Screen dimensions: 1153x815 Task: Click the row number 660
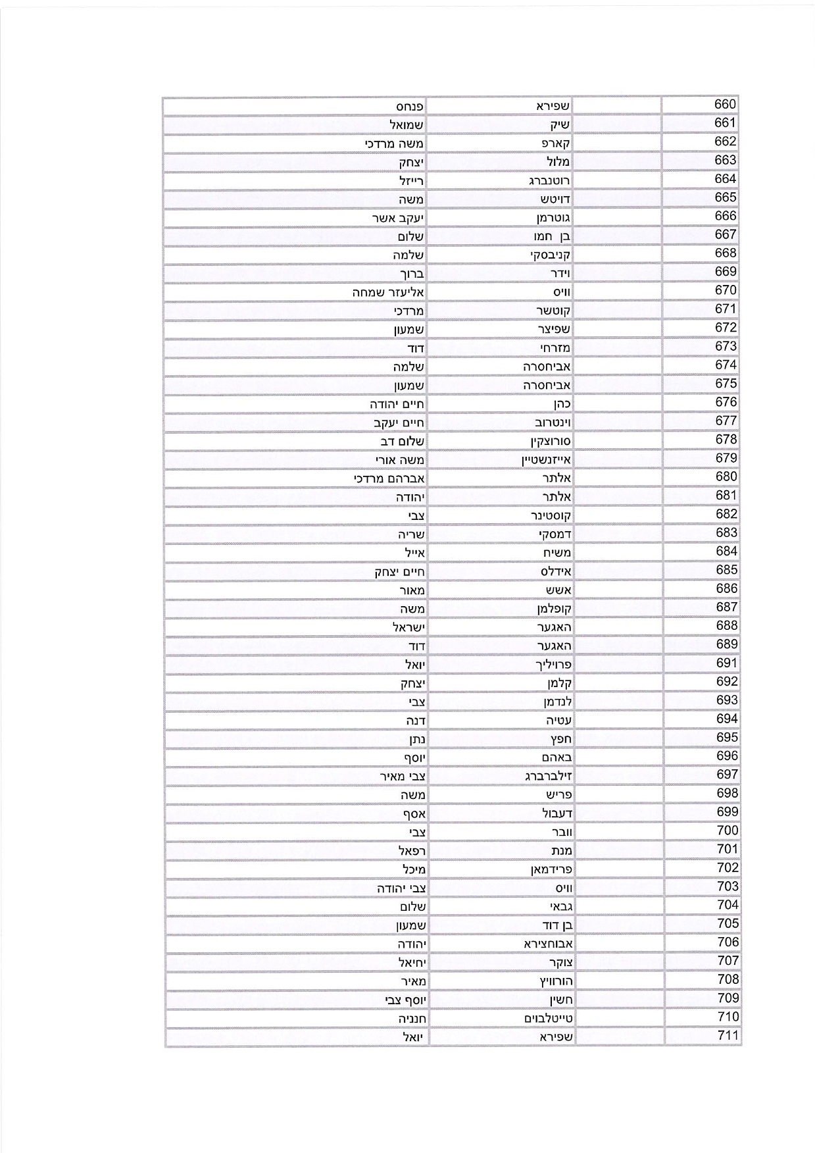725,105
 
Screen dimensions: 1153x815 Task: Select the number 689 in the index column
726,644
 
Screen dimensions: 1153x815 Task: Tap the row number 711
728,1036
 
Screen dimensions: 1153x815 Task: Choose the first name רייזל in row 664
411,180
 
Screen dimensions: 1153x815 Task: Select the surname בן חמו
552,236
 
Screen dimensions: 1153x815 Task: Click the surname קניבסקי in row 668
551,255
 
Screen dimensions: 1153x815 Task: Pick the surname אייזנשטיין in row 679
546,460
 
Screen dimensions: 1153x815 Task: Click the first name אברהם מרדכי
389,478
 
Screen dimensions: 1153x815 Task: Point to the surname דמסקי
555,534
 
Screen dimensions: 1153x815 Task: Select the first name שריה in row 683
411,534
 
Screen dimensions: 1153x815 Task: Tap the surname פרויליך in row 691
553,665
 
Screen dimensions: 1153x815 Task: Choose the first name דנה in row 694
416,721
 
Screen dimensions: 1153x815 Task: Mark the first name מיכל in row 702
414,869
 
